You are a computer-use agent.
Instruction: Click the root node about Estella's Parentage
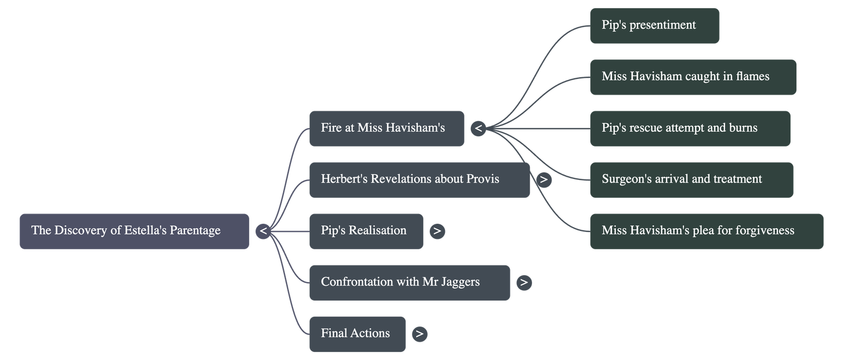[134, 231]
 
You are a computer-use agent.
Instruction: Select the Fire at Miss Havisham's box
[386, 128]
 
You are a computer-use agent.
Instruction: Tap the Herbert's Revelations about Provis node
[419, 179]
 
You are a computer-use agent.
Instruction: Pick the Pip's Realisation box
[366, 231]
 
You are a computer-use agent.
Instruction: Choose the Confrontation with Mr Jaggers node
[409, 282]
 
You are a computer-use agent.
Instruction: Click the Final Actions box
[357, 334]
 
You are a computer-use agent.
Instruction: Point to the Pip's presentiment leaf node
[654, 25]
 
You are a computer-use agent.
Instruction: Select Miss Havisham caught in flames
[693, 77]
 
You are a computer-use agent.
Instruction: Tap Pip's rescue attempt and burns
[690, 128]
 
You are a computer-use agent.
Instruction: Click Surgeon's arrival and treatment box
[691, 179]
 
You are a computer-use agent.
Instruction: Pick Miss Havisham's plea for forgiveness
[707, 231]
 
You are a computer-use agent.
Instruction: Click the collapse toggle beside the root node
[263, 231]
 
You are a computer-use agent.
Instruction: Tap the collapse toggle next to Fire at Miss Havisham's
[478, 129]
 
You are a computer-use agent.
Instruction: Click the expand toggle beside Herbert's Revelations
[544, 179]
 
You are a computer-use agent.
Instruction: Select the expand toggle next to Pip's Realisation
[437, 231]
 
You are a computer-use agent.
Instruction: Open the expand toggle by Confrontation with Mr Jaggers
[524, 282]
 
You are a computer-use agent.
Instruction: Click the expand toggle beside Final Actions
[420, 334]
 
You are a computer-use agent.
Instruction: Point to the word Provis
[482, 179]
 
